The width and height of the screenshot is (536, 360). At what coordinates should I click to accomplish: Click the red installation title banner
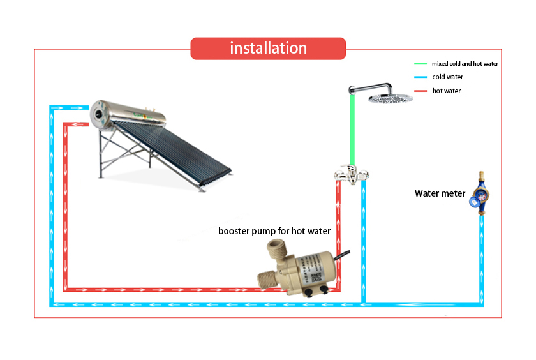click(268, 49)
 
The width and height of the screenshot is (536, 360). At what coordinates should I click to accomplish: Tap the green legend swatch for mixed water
click(420, 64)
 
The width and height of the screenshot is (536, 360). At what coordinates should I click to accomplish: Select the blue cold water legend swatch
click(420, 77)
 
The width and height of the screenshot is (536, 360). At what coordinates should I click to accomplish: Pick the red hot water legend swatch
click(420, 91)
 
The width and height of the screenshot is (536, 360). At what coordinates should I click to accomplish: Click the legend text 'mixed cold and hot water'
click(465, 64)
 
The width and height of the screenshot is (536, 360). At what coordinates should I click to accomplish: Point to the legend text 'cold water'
click(447, 77)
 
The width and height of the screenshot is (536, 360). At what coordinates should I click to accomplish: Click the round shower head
click(390, 99)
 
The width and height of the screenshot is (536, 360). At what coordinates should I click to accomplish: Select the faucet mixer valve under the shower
click(349, 173)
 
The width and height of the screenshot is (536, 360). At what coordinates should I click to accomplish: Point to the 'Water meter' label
click(440, 193)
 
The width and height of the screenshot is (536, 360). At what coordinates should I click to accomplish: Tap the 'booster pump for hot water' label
click(274, 231)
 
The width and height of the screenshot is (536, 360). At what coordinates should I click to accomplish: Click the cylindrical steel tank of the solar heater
click(131, 114)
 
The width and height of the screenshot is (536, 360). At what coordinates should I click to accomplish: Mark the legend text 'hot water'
click(446, 91)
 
